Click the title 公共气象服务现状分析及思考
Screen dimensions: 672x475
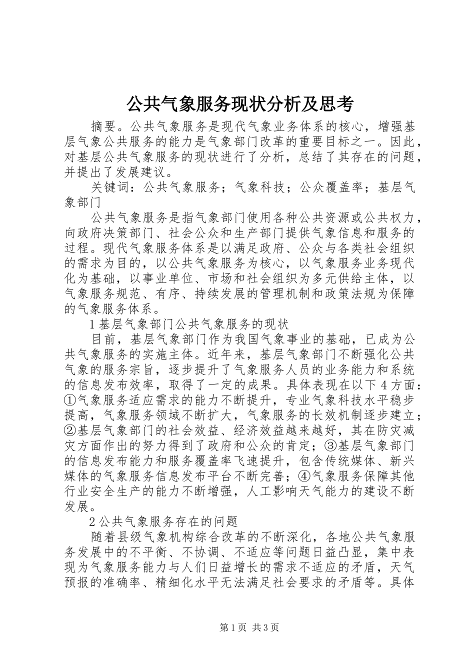(x=239, y=104)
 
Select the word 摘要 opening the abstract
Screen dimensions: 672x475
(x=104, y=125)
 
